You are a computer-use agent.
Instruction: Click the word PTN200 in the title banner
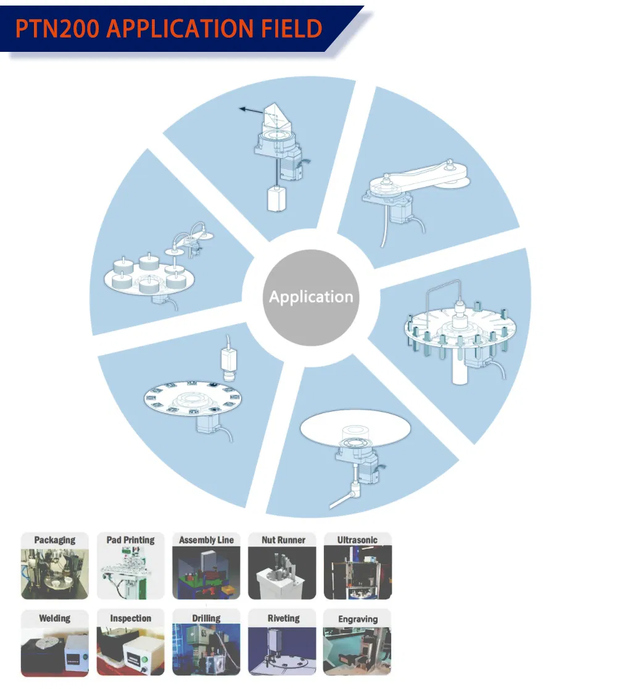(x=57, y=28)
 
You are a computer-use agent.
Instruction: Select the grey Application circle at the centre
(x=311, y=298)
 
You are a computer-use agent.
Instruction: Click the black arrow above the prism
(x=252, y=110)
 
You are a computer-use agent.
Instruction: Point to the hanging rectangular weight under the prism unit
(x=277, y=199)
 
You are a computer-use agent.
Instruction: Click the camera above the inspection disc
(x=228, y=361)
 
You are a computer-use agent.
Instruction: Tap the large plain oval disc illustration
(x=355, y=429)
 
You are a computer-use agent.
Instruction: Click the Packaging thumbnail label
(x=55, y=540)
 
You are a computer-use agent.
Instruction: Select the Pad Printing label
(x=130, y=540)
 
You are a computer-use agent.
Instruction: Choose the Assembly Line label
(x=207, y=540)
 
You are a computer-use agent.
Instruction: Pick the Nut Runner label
(x=283, y=540)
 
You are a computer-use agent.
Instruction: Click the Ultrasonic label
(x=357, y=540)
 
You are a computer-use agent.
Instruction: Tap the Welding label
(x=55, y=619)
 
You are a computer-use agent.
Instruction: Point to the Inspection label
(x=130, y=619)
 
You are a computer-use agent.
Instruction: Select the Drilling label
(x=207, y=619)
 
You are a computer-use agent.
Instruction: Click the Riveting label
(x=284, y=619)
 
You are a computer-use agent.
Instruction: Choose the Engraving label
(x=358, y=620)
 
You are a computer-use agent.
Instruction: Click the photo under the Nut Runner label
(x=282, y=573)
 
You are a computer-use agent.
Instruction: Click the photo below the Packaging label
(x=55, y=573)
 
